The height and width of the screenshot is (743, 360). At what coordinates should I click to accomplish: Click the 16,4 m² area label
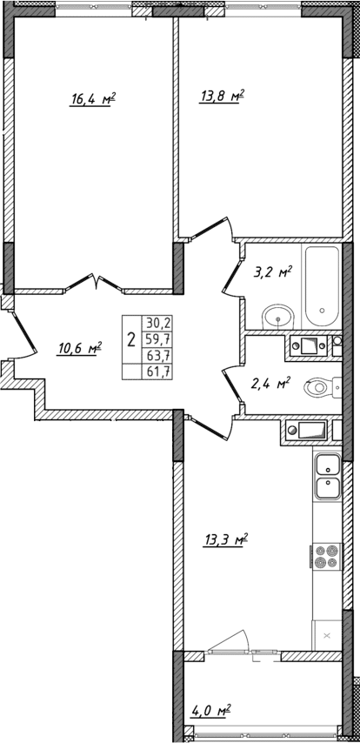(93, 99)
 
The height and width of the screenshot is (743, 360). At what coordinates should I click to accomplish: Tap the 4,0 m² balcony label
(210, 713)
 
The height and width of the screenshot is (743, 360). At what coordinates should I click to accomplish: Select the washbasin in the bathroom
(277, 315)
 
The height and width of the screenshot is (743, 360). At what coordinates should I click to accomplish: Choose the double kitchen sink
(328, 476)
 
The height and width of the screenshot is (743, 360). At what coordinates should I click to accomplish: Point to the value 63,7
(159, 356)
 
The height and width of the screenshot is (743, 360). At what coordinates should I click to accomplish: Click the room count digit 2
(130, 339)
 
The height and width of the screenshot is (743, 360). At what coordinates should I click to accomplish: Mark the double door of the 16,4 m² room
(95, 283)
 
